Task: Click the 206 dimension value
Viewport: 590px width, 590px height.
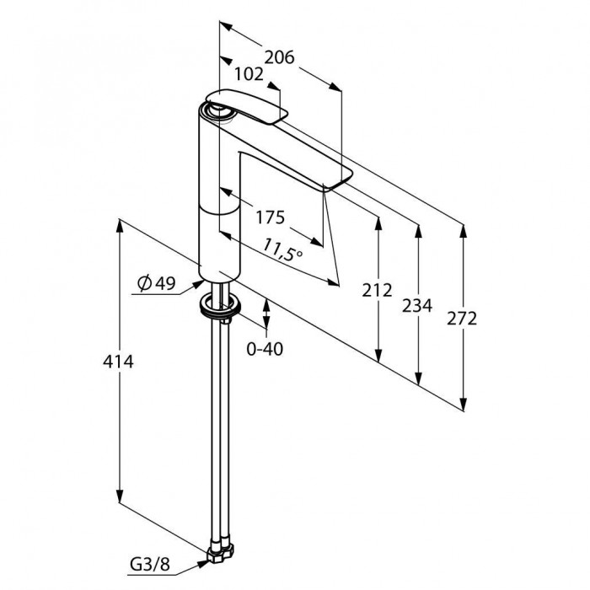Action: point(279,57)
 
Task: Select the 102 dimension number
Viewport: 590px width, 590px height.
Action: point(249,74)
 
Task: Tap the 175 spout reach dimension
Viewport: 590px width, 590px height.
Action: point(271,217)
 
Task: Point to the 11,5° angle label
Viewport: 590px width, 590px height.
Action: point(282,249)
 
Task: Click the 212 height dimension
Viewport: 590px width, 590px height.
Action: point(377,290)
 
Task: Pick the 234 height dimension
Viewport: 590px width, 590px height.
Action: point(417,305)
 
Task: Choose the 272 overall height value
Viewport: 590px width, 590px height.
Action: point(462,319)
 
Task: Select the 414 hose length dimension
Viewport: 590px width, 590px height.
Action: point(118,362)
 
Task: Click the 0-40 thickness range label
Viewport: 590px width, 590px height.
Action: point(265,349)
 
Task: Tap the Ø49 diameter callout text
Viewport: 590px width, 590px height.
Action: point(157,283)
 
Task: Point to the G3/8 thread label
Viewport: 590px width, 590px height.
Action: point(150,565)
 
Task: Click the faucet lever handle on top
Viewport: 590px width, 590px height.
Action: point(246,105)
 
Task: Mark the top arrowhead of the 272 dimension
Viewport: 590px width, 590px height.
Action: point(464,231)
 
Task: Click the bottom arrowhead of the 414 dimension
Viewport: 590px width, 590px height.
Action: point(120,496)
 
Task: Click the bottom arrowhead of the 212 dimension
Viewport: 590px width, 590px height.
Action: point(378,356)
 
